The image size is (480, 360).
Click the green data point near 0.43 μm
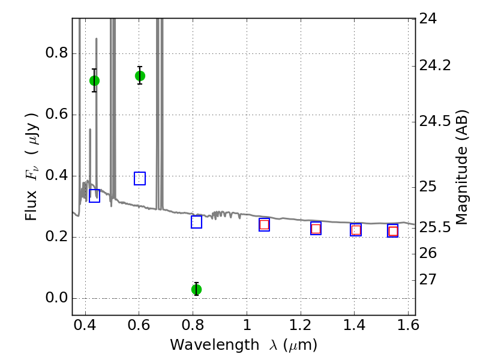[94, 80]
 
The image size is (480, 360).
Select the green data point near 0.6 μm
[140, 76]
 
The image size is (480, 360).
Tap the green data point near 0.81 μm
[196, 289]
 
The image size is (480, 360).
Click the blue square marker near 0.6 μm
[140, 178]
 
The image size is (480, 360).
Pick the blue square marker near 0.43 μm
[94, 196]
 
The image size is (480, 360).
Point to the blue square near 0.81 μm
[196, 222]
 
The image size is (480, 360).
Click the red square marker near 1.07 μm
[264, 224]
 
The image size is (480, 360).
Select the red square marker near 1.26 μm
[316, 229]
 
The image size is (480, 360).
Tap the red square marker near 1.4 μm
[356, 230]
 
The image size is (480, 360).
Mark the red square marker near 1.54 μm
[393, 232]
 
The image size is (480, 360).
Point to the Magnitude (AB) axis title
[461, 167]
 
